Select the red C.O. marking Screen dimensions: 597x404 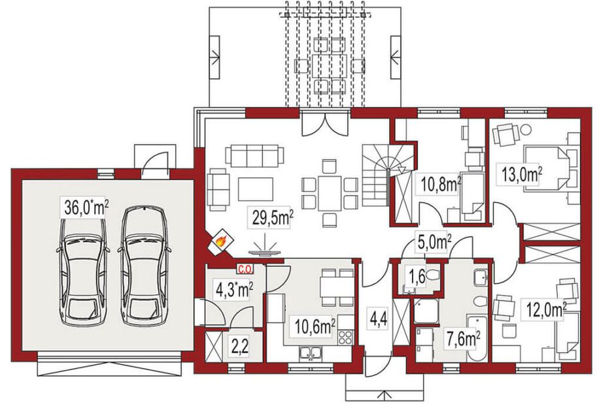pyautogui.click(x=245, y=269)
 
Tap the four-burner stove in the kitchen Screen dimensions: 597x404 pyautogui.click(x=346, y=337)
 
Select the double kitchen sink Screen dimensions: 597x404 pyautogui.click(x=311, y=352)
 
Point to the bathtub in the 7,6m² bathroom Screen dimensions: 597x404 pyautogui.click(x=476, y=338)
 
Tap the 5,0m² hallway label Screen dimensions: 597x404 pyautogui.click(x=434, y=242)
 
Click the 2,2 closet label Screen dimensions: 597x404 pyautogui.click(x=240, y=346)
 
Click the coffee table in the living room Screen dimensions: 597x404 pyautogui.click(x=256, y=189)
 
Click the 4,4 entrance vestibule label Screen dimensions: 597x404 pyautogui.click(x=378, y=319)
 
